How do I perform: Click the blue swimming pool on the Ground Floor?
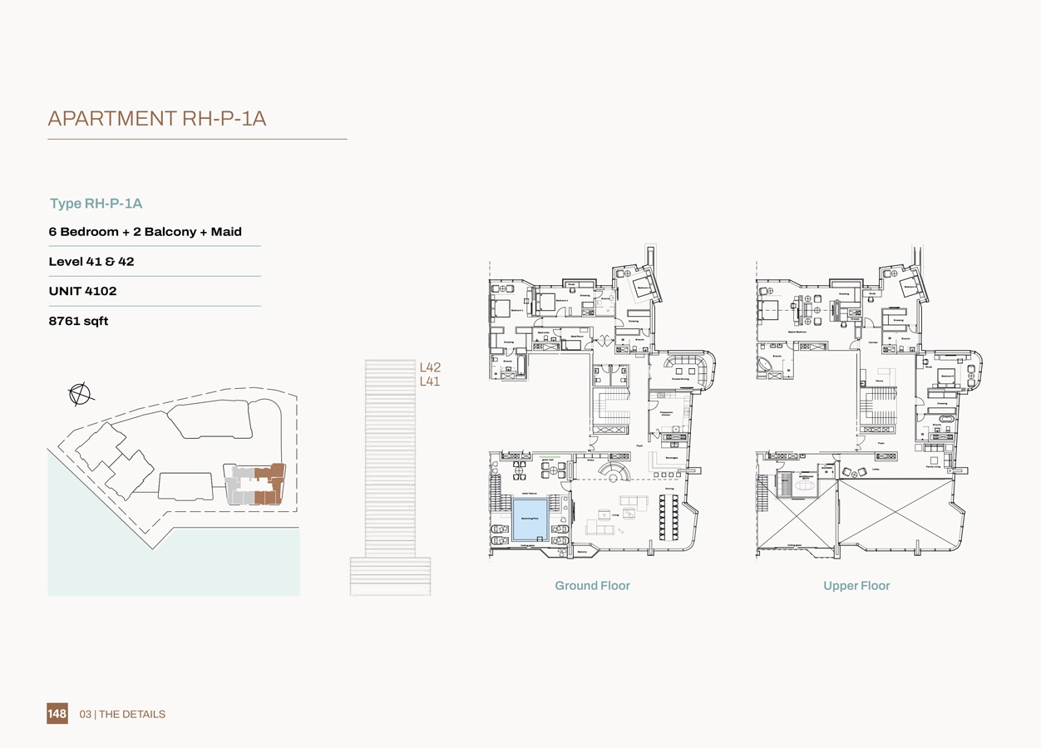coord(530,519)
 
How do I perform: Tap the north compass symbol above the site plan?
coord(80,394)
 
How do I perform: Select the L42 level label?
coord(430,367)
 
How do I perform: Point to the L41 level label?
coord(430,381)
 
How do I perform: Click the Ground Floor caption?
coord(592,586)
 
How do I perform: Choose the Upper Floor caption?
coord(856,586)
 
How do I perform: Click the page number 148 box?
coord(57,713)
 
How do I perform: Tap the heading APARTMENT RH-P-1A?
coord(157,119)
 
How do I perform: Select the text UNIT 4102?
coord(82,291)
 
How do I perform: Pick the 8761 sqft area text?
coord(78,321)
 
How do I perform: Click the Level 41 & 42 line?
coord(91,261)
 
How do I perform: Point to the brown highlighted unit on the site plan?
coord(269,485)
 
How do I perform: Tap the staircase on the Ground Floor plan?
coord(611,406)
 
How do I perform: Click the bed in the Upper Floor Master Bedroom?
coord(768,310)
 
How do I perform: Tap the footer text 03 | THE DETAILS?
coord(122,714)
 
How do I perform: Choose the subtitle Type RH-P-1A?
coord(96,204)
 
